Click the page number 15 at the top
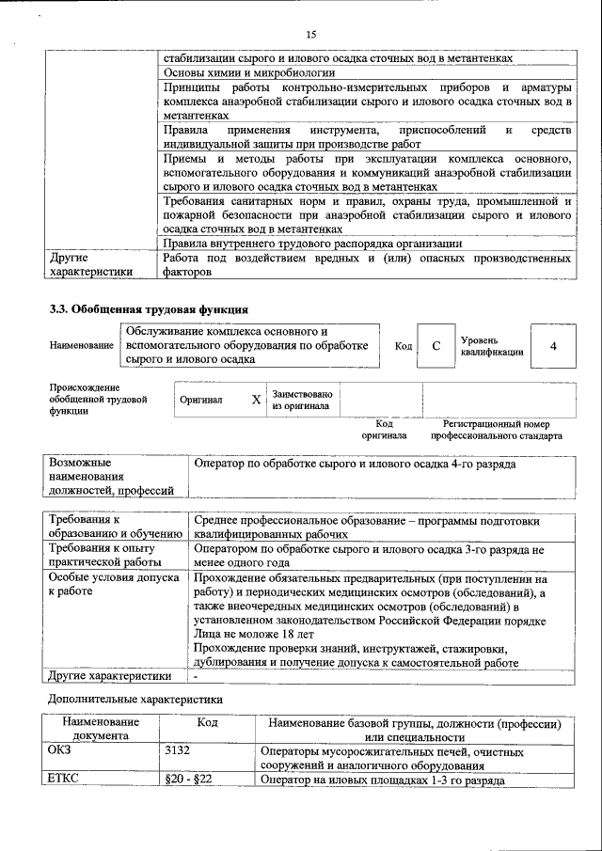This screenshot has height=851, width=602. click(310, 34)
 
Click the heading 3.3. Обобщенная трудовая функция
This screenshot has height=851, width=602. click(150, 308)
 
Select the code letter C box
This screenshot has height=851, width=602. click(436, 346)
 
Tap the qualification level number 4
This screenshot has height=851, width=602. click(553, 346)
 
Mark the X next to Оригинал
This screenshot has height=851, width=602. click(256, 400)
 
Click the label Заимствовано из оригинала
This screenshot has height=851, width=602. click(301, 401)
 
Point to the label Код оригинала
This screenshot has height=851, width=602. click(384, 430)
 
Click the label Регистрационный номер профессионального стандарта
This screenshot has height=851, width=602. click(497, 430)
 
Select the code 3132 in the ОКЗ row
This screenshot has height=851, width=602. click(177, 752)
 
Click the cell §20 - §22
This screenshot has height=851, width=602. click(188, 780)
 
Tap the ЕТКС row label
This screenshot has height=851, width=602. click(63, 780)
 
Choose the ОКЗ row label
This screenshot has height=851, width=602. click(59, 752)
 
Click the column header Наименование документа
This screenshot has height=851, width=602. click(101, 730)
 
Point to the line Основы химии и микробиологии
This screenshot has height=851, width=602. click(249, 72)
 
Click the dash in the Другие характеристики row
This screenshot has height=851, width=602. click(196, 676)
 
